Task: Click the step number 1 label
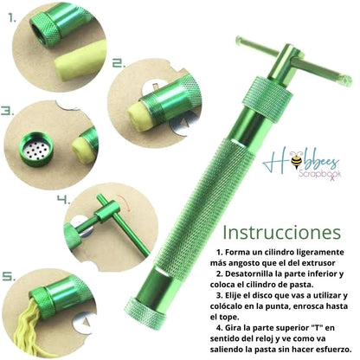click(x=12, y=19)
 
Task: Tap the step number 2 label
click(x=119, y=63)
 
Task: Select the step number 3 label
click(x=8, y=111)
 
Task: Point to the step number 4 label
click(x=63, y=200)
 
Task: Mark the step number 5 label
click(x=9, y=277)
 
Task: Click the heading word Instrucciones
click(x=282, y=233)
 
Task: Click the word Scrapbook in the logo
click(x=320, y=175)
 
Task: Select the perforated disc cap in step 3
click(x=36, y=149)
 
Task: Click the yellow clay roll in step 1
click(x=79, y=61)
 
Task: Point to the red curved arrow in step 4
click(x=125, y=202)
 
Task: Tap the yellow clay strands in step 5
click(x=28, y=324)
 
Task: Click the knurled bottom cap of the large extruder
click(x=145, y=313)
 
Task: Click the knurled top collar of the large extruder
click(x=267, y=97)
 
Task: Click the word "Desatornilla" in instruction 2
click(x=249, y=273)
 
